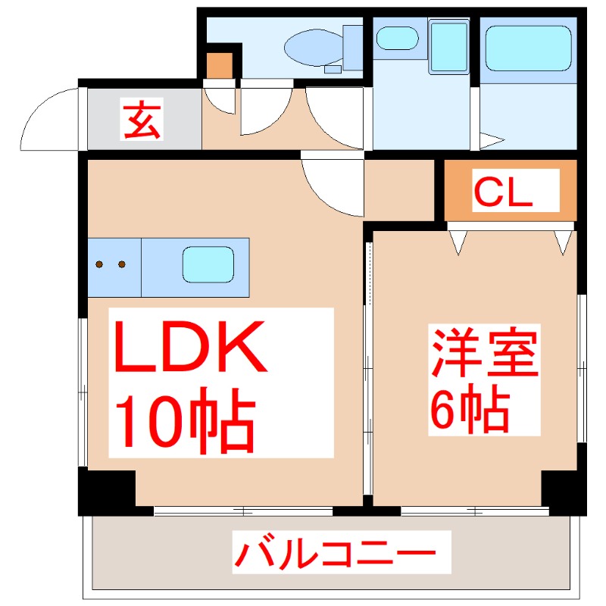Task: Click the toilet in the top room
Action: pos(312,47)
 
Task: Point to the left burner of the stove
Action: pos(100,264)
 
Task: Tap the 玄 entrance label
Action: pos(142,121)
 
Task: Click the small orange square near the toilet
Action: pos(220,65)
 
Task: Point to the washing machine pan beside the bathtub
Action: pos(448,47)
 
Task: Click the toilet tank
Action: pos(352,47)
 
